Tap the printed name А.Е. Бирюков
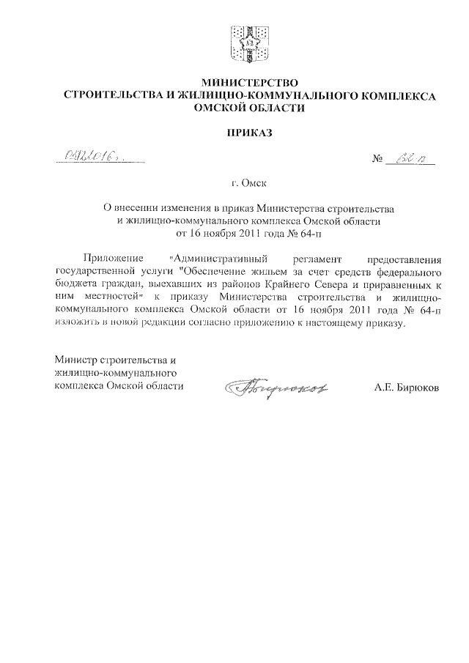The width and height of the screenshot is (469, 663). [407, 386]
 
